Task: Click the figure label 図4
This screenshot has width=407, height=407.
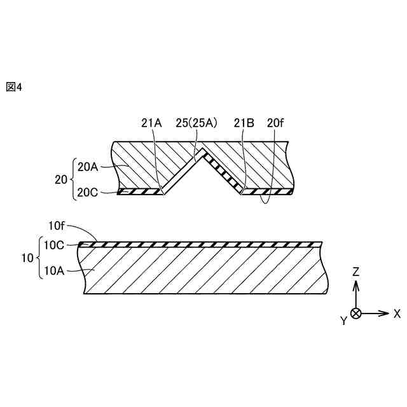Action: click(14, 87)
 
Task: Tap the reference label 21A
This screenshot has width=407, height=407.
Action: click(152, 123)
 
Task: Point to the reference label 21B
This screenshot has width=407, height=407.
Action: click(244, 123)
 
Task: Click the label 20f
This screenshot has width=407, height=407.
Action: click(275, 123)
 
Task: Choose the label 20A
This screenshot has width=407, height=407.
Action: click(88, 167)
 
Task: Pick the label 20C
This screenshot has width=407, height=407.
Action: click(88, 193)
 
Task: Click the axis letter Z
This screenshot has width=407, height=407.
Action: click(356, 272)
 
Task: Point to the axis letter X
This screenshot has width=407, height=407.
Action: click(397, 314)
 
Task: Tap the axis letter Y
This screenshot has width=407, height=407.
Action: click(343, 321)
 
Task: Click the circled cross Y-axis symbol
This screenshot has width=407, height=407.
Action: click(356, 314)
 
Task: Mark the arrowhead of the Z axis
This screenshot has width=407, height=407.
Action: click(356, 283)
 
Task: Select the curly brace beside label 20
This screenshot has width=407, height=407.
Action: click(74, 179)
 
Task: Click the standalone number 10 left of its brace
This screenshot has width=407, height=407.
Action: click(27, 258)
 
